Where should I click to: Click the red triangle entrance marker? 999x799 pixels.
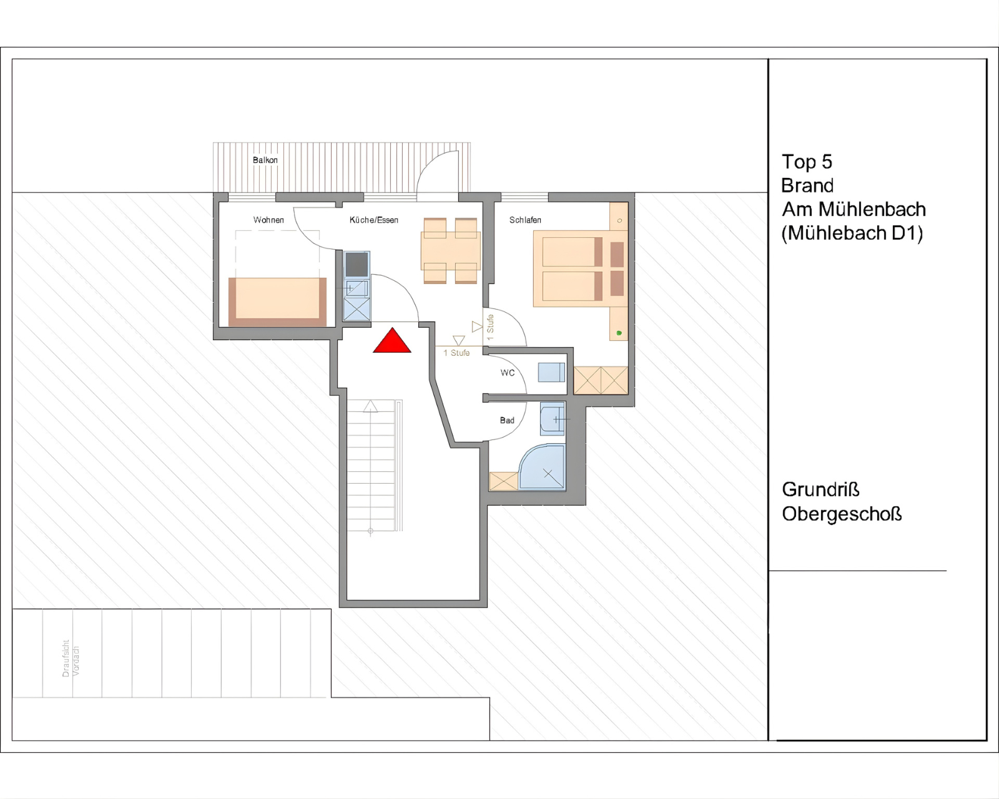(392, 342)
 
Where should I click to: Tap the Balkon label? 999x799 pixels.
(265, 160)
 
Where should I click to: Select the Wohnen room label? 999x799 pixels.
(268, 220)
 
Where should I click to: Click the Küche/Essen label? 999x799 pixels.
(374, 220)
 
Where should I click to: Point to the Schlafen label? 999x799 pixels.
(525, 220)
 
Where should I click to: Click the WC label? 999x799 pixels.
(508, 373)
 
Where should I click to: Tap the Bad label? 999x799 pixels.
(507, 420)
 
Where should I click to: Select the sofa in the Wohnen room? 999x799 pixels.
(278, 301)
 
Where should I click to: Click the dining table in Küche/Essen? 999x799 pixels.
(450, 251)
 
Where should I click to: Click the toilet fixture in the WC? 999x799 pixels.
(551, 372)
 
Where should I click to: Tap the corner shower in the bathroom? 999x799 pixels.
(542, 467)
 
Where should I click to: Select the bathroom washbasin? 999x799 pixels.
(553, 419)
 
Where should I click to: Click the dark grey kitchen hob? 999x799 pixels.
(357, 265)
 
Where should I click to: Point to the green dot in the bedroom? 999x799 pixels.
(619, 333)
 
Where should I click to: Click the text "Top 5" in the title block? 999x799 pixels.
(807, 162)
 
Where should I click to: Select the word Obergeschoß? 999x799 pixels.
(842, 514)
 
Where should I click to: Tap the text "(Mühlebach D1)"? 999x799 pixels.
(852, 233)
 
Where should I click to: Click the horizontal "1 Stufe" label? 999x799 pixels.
(456, 353)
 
